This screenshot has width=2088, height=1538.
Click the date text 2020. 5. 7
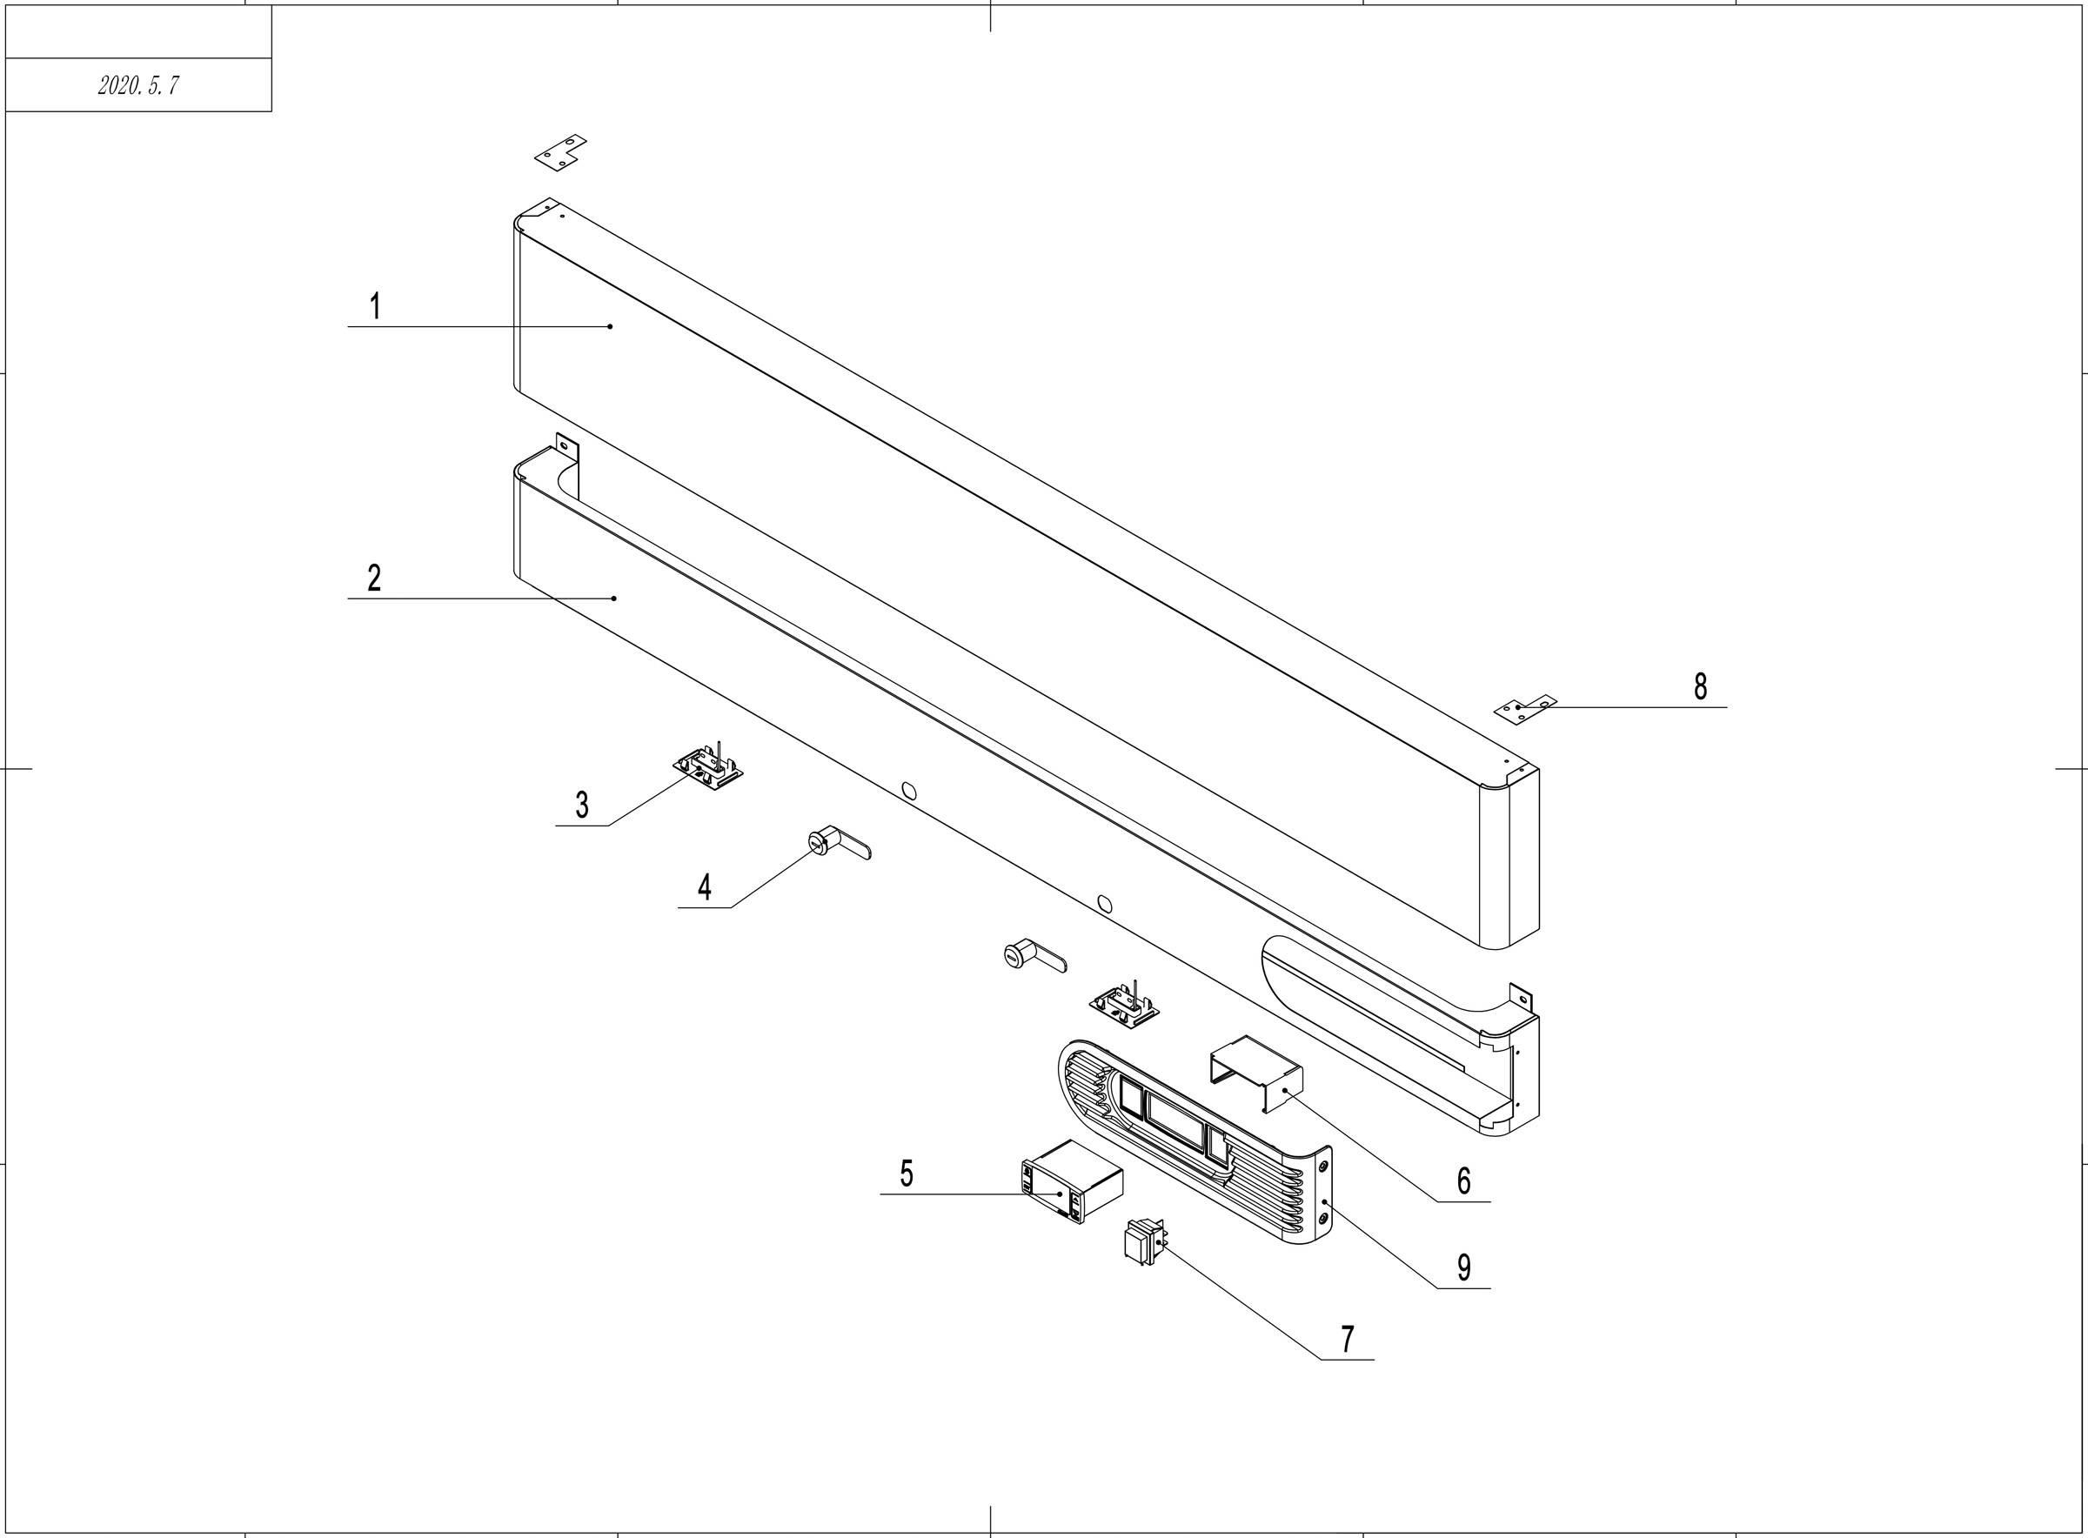(x=137, y=85)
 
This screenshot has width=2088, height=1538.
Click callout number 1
(x=375, y=306)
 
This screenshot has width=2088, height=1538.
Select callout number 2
(x=374, y=578)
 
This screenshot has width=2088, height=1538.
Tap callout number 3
(x=582, y=805)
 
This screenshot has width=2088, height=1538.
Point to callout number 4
(x=705, y=887)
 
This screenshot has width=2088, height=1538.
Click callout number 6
(x=1463, y=1181)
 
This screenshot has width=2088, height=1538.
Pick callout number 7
(x=1347, y=1340)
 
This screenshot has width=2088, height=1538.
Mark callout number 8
(x=1700, y=687)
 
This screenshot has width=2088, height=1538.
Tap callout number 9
(x=1463, y=1267)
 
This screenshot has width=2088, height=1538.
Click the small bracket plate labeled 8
(x=1524, y=710)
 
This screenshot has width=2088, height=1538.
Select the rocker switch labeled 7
(x=1144, y=1242)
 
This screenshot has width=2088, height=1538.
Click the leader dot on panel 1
(x=610, y=327)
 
